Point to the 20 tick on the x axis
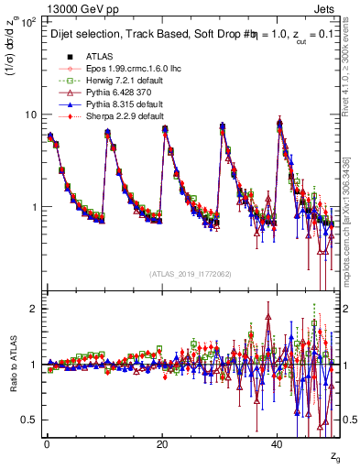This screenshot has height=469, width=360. tap(161, 443)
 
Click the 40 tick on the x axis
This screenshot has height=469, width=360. tap(278, 443)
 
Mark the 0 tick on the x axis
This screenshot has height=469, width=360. tap(46, 443)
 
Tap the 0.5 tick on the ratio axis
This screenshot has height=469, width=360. tap(28, 420)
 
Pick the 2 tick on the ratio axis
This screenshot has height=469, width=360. tap(34, 309)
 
